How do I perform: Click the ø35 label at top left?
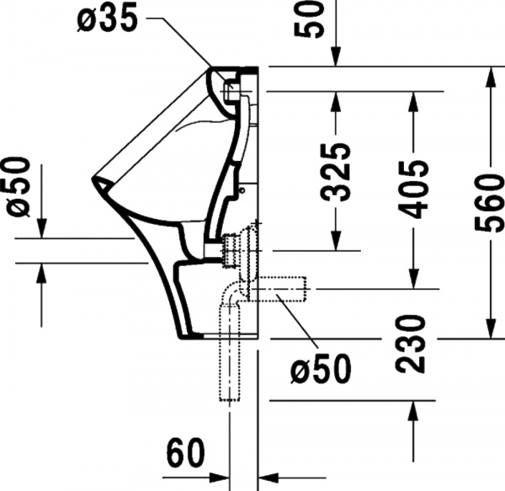pos(110,19)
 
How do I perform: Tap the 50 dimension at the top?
pos(313,19)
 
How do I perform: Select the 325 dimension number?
pos(337,173)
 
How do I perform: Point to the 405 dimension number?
pos(414,188)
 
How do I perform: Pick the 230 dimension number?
pos(414,343)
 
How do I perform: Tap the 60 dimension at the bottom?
pos(184,455)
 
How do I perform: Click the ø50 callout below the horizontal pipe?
pos(319,368)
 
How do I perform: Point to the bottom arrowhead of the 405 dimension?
pos(413,281)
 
